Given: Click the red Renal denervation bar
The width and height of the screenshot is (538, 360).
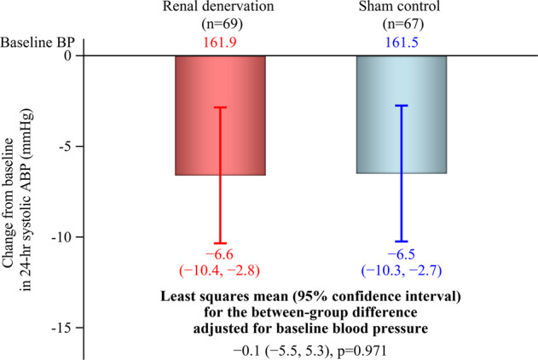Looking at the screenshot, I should point(196,115).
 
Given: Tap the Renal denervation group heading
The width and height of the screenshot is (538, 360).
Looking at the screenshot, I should point(220,8).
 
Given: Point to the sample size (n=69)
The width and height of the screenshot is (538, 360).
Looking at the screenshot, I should point(220,24).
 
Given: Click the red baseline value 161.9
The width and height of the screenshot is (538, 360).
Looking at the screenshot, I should point(220,41).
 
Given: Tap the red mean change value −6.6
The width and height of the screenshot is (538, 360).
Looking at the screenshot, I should point(220,255).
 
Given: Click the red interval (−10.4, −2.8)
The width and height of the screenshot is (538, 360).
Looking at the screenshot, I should point(220,271).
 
